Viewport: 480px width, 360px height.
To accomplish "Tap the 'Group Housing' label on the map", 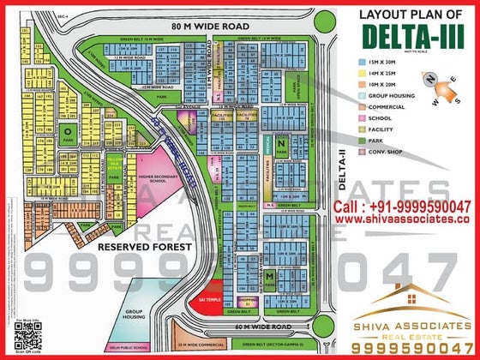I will coord(133,315).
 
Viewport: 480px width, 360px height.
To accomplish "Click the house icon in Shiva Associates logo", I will coord(411,298).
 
